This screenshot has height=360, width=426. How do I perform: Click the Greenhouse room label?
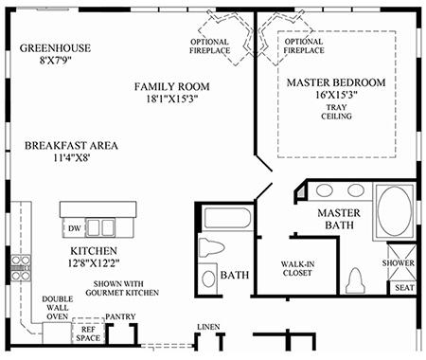point(55,48)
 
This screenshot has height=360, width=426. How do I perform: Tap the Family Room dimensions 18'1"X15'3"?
point(172,99)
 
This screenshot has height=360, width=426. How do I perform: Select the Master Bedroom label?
point(336,82)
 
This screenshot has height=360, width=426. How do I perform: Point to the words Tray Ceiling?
point(336,112)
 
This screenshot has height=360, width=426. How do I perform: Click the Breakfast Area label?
point(71,146)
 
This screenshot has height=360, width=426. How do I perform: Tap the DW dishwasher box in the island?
point(74,227)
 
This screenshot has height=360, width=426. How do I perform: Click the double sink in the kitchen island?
point(100,227)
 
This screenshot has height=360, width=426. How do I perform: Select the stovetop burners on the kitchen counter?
point(21,268)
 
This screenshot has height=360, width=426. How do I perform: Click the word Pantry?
point(120,316)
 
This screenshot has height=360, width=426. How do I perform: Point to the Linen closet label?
point(208,327)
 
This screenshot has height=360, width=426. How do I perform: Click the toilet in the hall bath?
point(211,247)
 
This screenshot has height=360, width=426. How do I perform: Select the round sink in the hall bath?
point(208,279)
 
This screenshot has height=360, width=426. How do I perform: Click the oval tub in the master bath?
point(395,210)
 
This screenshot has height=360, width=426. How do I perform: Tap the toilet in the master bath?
point(355,280)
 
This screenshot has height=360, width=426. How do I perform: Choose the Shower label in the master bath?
point(399,263)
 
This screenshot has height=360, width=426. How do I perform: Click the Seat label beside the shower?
point(404,288)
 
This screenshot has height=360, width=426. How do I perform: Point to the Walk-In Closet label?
point(297,268)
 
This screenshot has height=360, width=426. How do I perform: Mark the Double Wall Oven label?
point(58,308)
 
